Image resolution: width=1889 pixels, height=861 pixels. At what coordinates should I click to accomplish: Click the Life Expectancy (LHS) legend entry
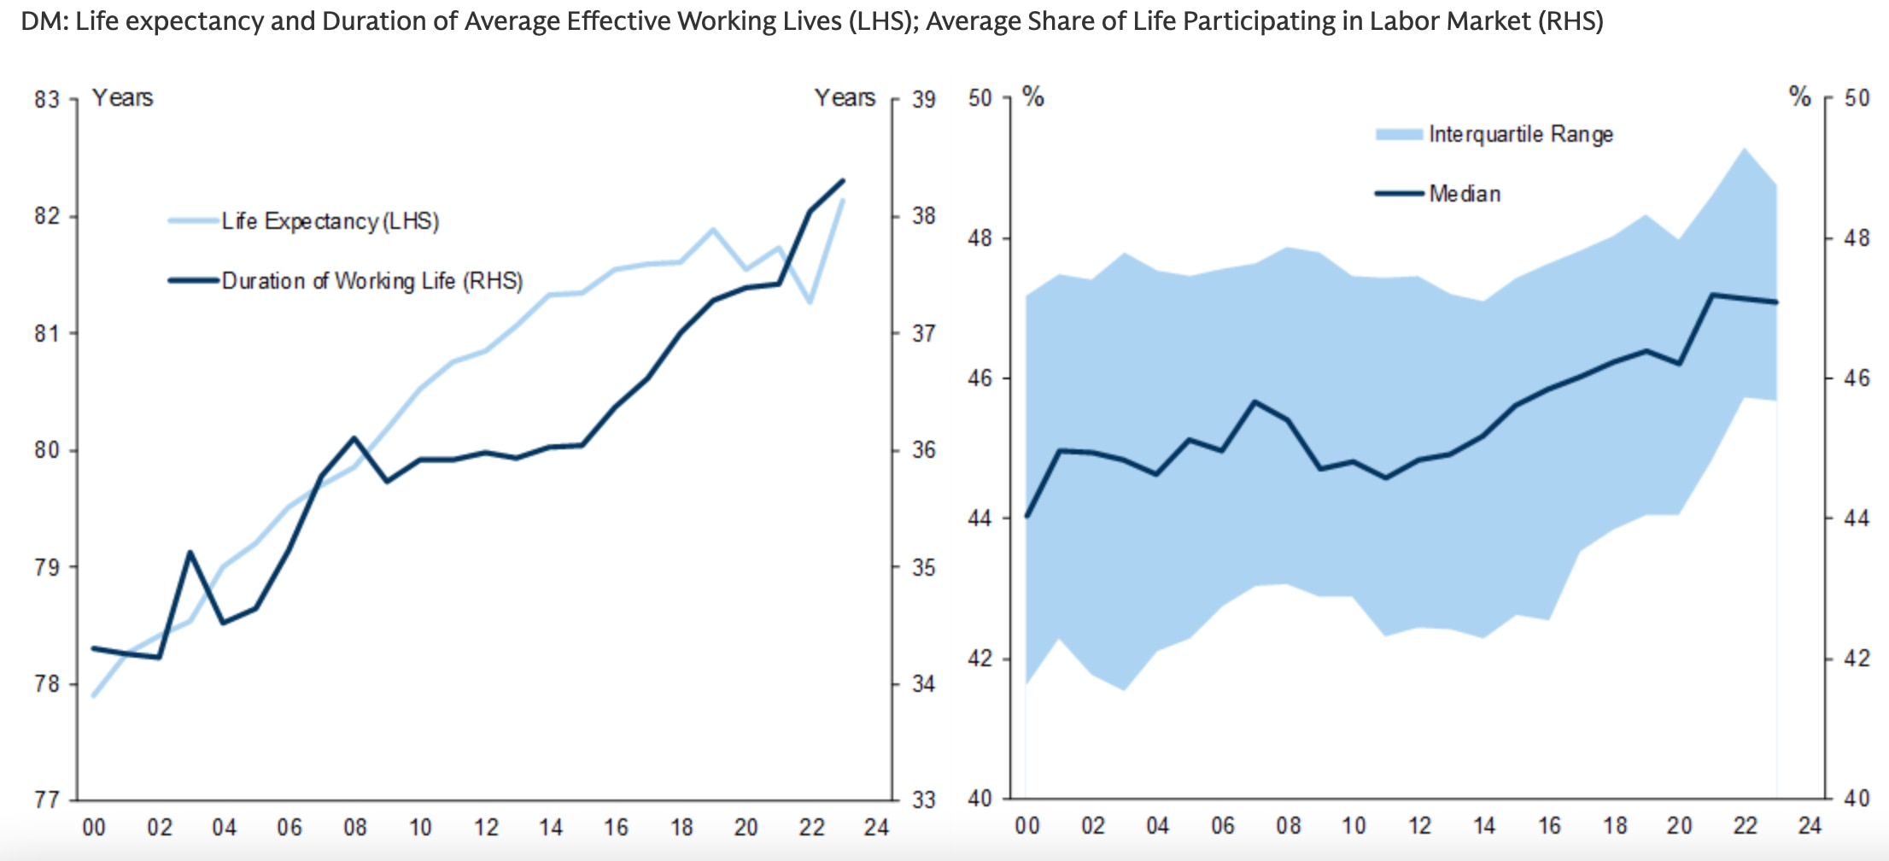(330, 221)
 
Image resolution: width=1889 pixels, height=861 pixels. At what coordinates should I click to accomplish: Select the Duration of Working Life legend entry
(371, 281)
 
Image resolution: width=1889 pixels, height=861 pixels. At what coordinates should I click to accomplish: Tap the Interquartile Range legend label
(1520, 134)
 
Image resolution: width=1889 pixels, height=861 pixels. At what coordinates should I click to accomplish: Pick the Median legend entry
(1464, 194)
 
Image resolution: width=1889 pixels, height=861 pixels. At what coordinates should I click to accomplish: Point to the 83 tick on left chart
(47, 100)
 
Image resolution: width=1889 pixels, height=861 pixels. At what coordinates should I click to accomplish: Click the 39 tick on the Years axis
(923, 100)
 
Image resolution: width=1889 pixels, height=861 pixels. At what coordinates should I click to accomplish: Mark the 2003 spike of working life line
(190, 553)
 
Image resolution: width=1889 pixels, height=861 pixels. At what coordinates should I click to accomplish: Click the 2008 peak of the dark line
(354, 438)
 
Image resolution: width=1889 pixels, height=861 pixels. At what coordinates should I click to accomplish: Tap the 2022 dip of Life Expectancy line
(810, 302)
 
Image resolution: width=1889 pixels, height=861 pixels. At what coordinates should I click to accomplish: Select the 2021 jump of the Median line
(1711, 295)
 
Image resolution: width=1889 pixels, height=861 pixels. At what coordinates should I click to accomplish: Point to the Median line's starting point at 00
(1027, 516)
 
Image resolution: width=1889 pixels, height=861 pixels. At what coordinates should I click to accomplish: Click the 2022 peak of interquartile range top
(1744, 149)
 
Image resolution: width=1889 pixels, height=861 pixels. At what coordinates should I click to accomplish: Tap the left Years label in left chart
(122, 98)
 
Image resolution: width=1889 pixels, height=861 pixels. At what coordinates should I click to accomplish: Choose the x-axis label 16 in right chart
(1549, 826)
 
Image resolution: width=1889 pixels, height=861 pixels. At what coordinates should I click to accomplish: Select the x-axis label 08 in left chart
(354, 828)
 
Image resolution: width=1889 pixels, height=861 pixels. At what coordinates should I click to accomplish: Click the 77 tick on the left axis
(47, 800)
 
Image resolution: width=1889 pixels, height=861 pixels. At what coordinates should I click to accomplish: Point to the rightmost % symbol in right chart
(1799, 97)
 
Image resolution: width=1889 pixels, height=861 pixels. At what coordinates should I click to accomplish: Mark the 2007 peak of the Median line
(1254, 401)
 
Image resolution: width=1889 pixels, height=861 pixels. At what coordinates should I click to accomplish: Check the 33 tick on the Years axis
(923, 800)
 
